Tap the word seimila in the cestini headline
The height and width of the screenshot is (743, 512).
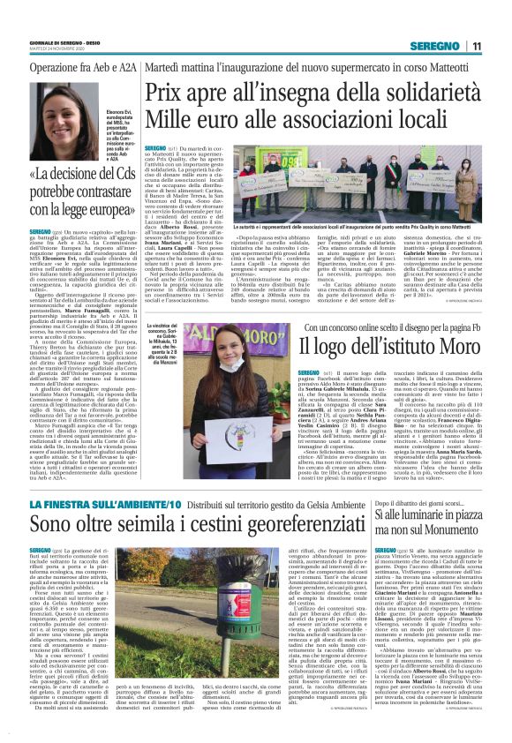153,527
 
